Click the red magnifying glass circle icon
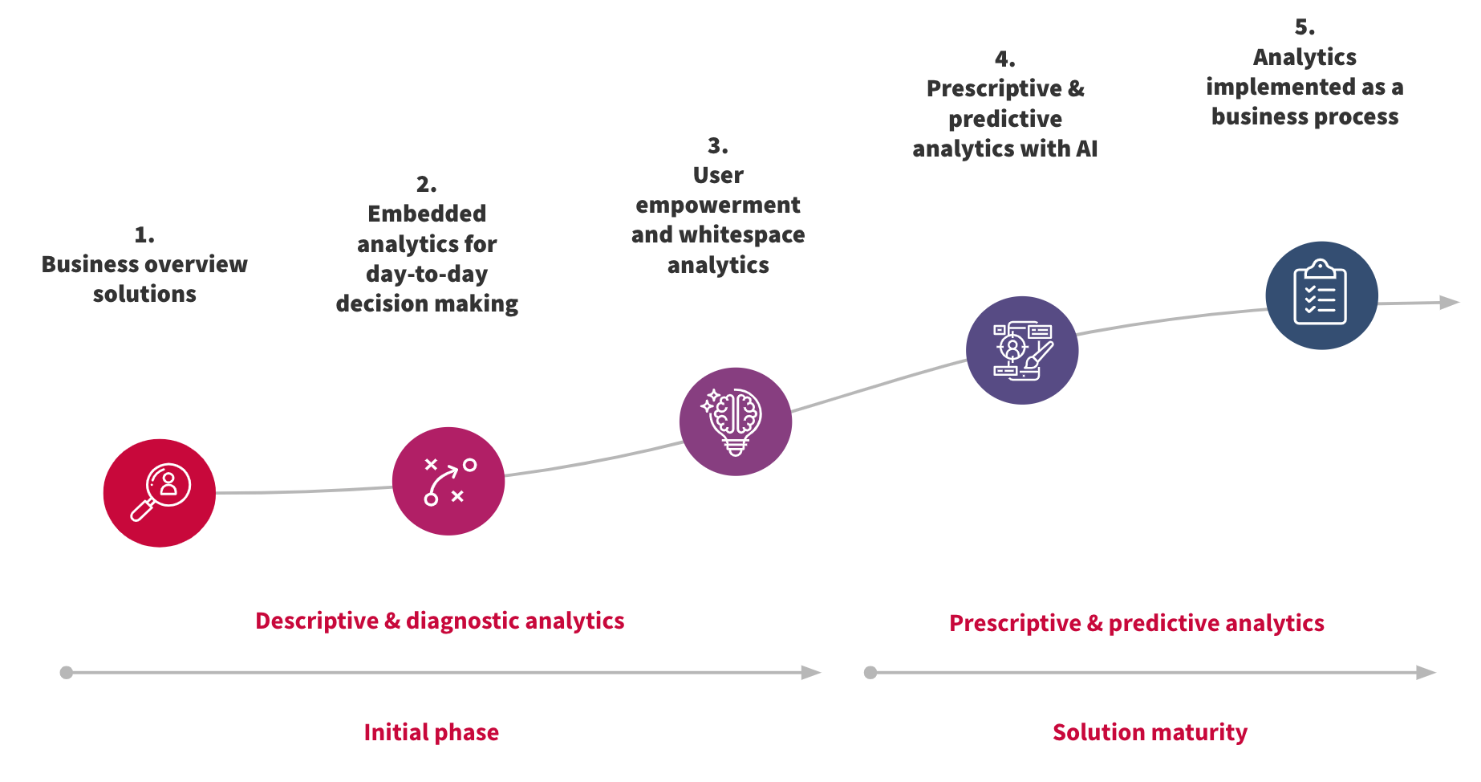[x=160, y=493]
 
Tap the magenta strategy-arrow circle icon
[x=448, y=481]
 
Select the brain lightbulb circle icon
[x=736, y=422]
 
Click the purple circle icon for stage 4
[x=1022, y=350]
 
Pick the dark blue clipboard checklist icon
[x=1321, y=295]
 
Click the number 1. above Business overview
[x=144, y=235]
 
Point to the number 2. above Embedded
[x=427, y=185]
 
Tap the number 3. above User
[x=718, y=146]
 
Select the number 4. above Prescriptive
[x=1004, y=59]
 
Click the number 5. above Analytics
[x=1304, y=27]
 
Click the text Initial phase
[x=431, y=732]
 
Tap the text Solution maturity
[x=1150, y=732]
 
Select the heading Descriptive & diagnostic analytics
[x=440, y=621]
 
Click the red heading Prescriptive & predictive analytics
[x=1136, y=623]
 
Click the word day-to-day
[x=427, y=274]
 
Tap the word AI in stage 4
[x=1086, y=149]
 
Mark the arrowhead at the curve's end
[x=1449, y=303]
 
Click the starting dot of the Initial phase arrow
[x=67, y=673]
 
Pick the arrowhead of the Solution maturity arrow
[x=1426, y=673]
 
